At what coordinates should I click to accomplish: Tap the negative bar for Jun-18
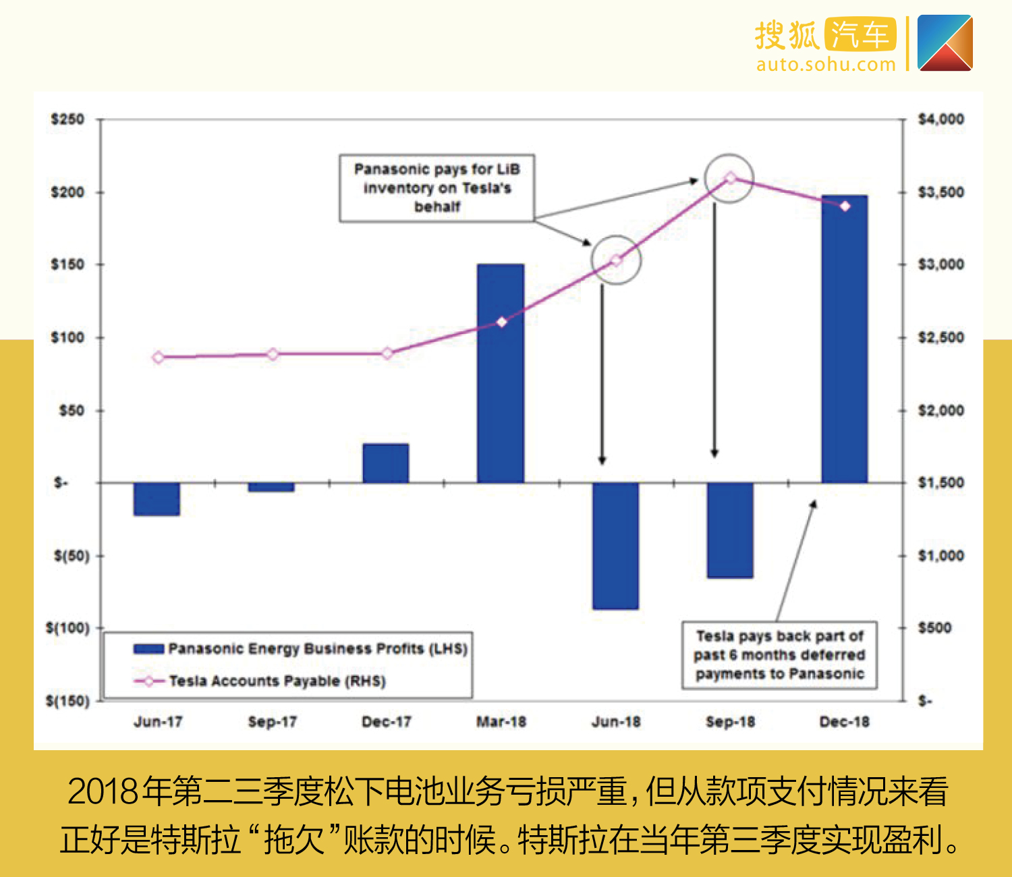point(615,546)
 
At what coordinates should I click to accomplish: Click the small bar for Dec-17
point(386,463)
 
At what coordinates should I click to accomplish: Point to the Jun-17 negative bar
point(157,499)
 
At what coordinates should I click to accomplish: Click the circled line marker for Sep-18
point(730,178)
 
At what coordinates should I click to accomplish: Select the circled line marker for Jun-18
point(615,260)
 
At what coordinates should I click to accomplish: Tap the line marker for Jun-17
point(159,358)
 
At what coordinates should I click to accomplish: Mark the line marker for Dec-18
point(845,206)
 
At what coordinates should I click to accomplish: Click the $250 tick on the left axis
point(67,119)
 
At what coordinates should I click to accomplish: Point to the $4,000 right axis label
point(941,119)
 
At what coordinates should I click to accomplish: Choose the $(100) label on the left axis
point(67,628)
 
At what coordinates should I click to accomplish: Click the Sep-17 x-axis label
point(272,722)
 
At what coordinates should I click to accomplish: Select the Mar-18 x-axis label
point(501,722)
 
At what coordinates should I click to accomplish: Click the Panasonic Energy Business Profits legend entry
point(301,649)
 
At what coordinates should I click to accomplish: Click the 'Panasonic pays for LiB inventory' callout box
point(437,188)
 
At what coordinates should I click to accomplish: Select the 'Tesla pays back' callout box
point(779,655)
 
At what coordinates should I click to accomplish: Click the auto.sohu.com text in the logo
point(826,65)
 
